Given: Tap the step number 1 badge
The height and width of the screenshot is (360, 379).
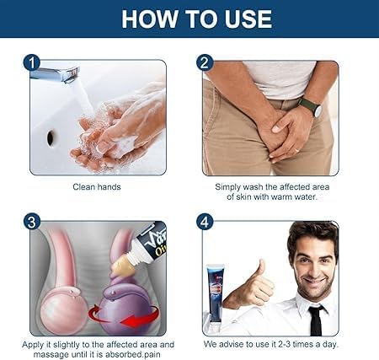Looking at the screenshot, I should [32, 62].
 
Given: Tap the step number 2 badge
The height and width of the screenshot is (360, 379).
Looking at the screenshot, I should [205, 62].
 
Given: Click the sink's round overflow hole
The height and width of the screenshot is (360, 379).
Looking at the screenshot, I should [52, 135].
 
